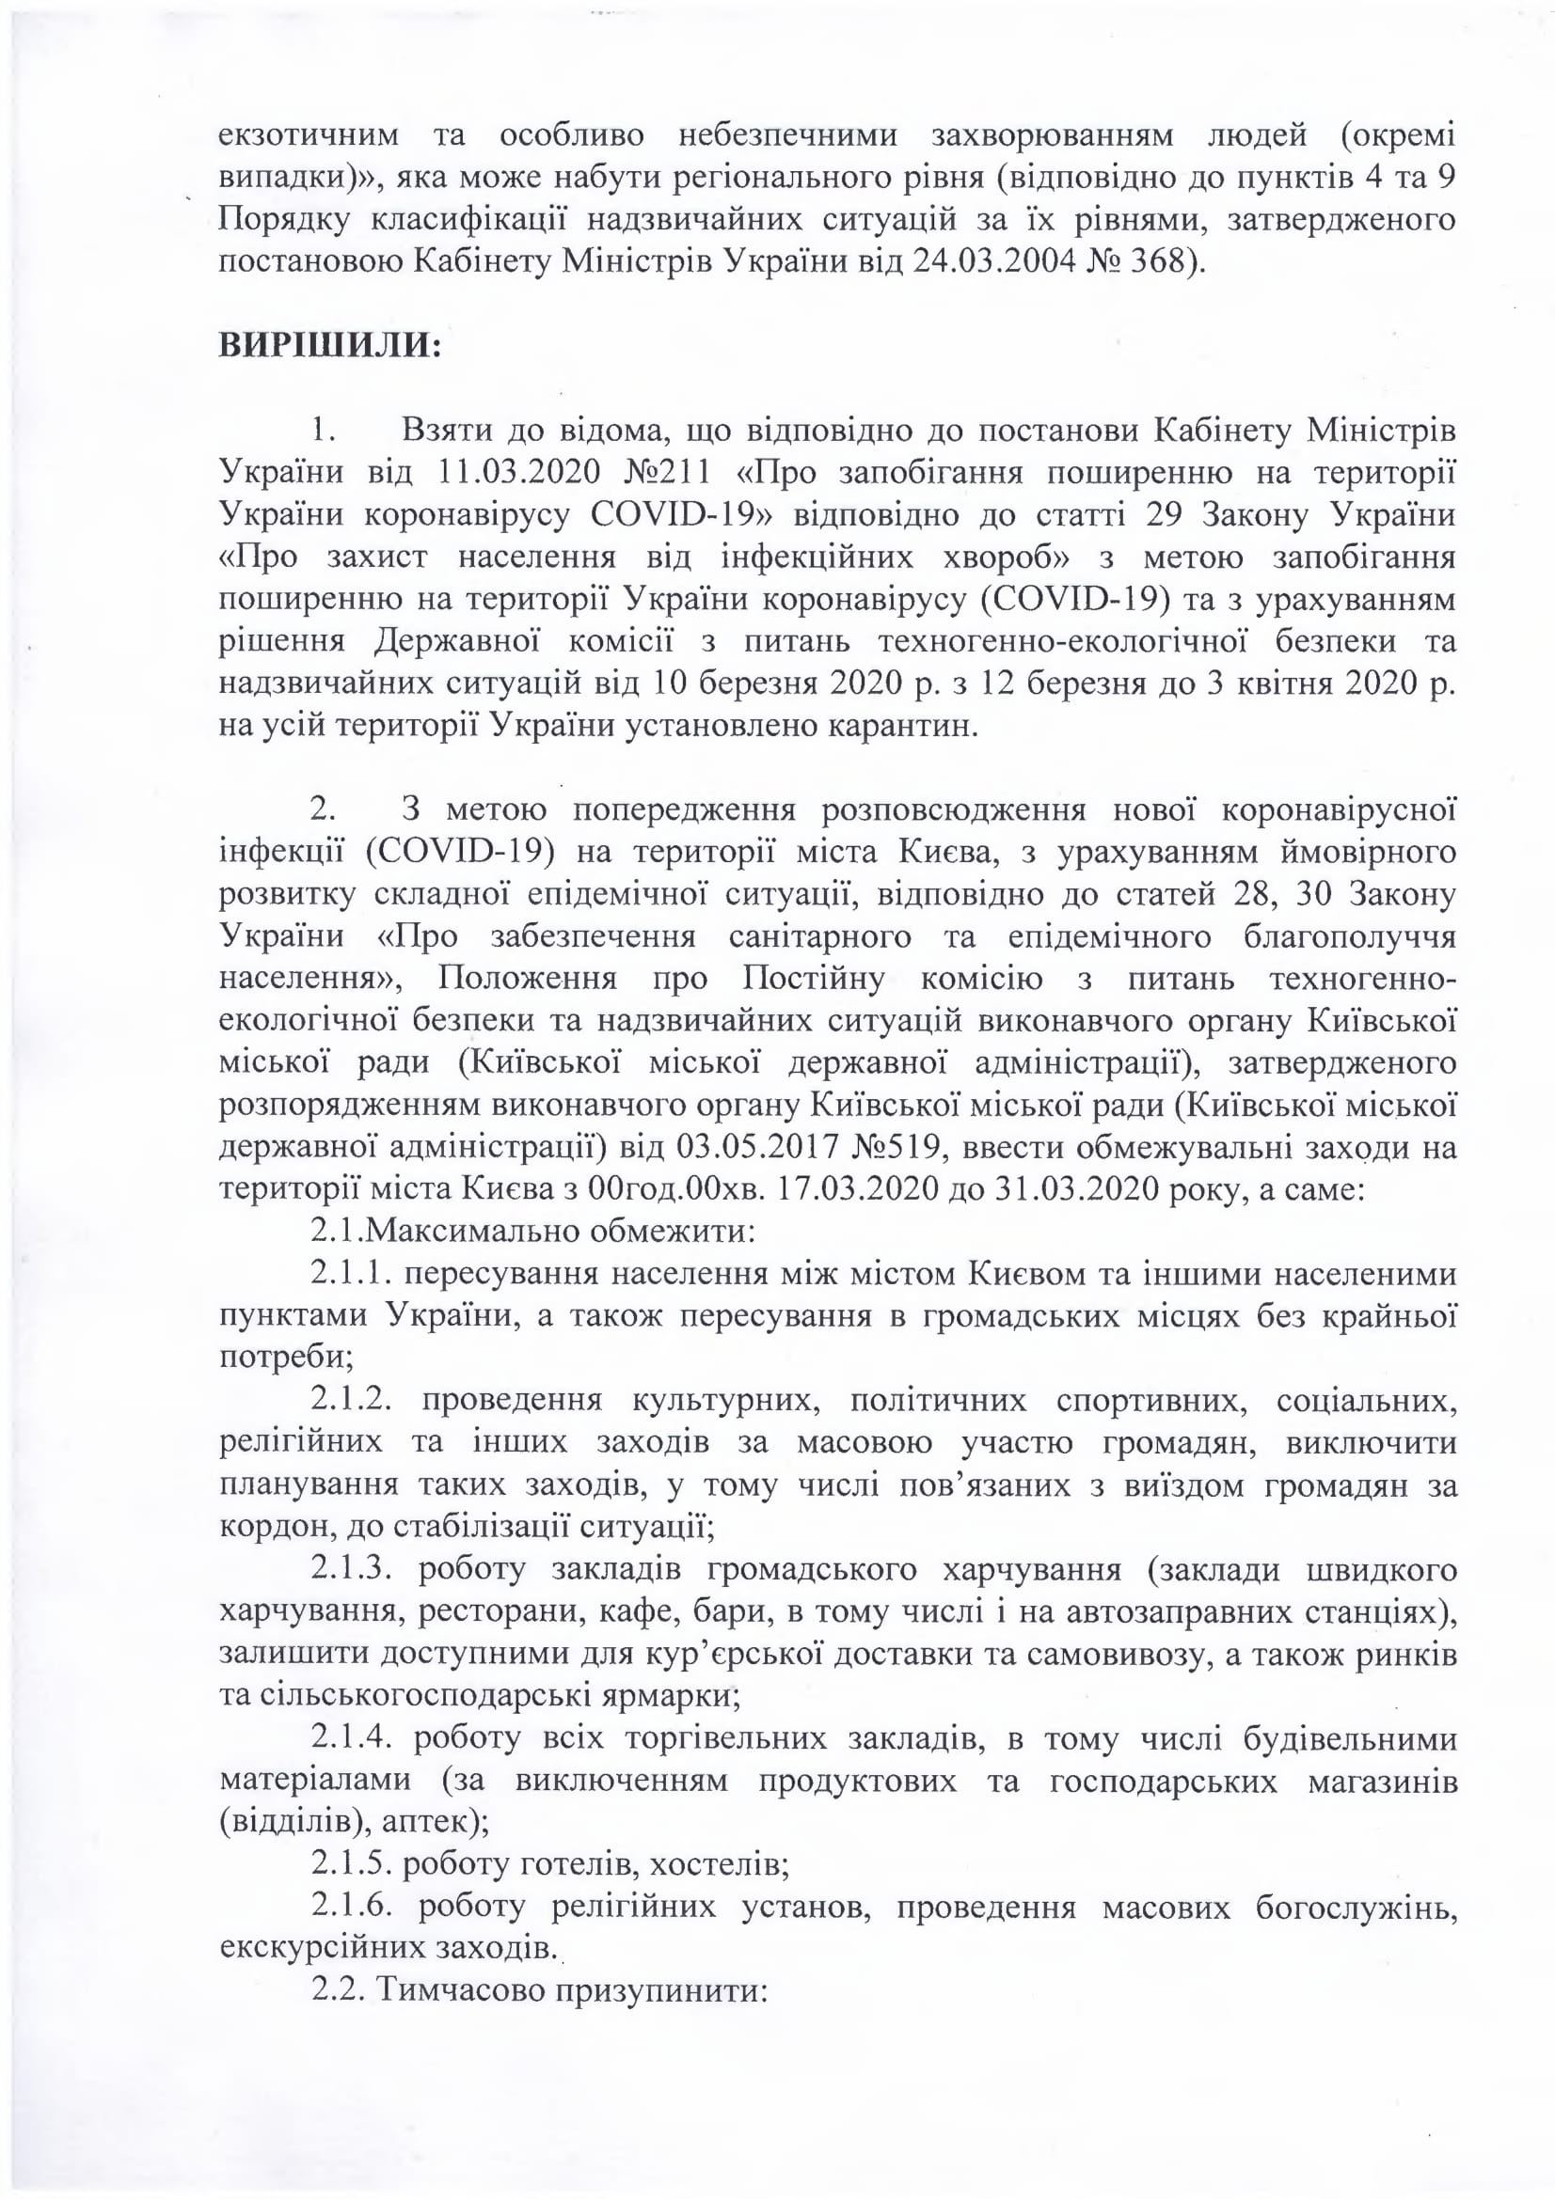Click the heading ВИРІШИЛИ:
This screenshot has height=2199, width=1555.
tap(330, 344)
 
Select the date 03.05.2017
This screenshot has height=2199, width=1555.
tap(758, 1146)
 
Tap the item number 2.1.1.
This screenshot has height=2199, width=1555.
tap(349, 1274)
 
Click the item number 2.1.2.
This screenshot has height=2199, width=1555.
tap(351, 1400)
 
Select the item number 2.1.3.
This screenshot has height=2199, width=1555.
tap(351, 1570)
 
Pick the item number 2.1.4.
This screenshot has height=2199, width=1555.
tap(351, 1738)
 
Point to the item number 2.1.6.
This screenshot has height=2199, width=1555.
tap(351, 1907)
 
